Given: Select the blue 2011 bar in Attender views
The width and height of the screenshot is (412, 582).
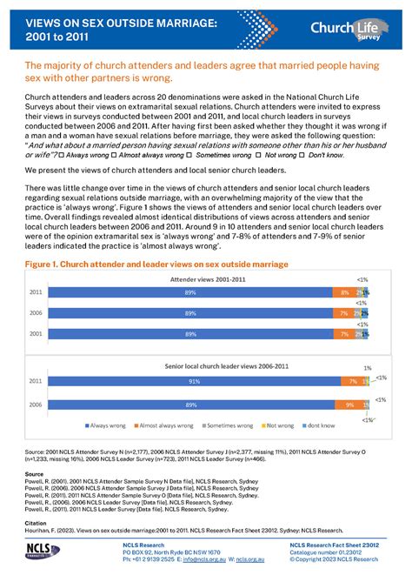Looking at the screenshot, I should click(x=189, y=293).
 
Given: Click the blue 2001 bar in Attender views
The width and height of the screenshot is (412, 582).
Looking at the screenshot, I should click(x=189, y=333).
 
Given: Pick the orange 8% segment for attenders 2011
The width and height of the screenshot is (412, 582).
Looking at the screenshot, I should click(x=344, y=293).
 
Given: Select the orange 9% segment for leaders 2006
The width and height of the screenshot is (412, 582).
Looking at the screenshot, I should click(x=349, y=405).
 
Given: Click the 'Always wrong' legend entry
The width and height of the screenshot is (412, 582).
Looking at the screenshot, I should click(x=105, y=425).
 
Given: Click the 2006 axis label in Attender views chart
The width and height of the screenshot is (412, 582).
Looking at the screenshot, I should click(x=37, y=313).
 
